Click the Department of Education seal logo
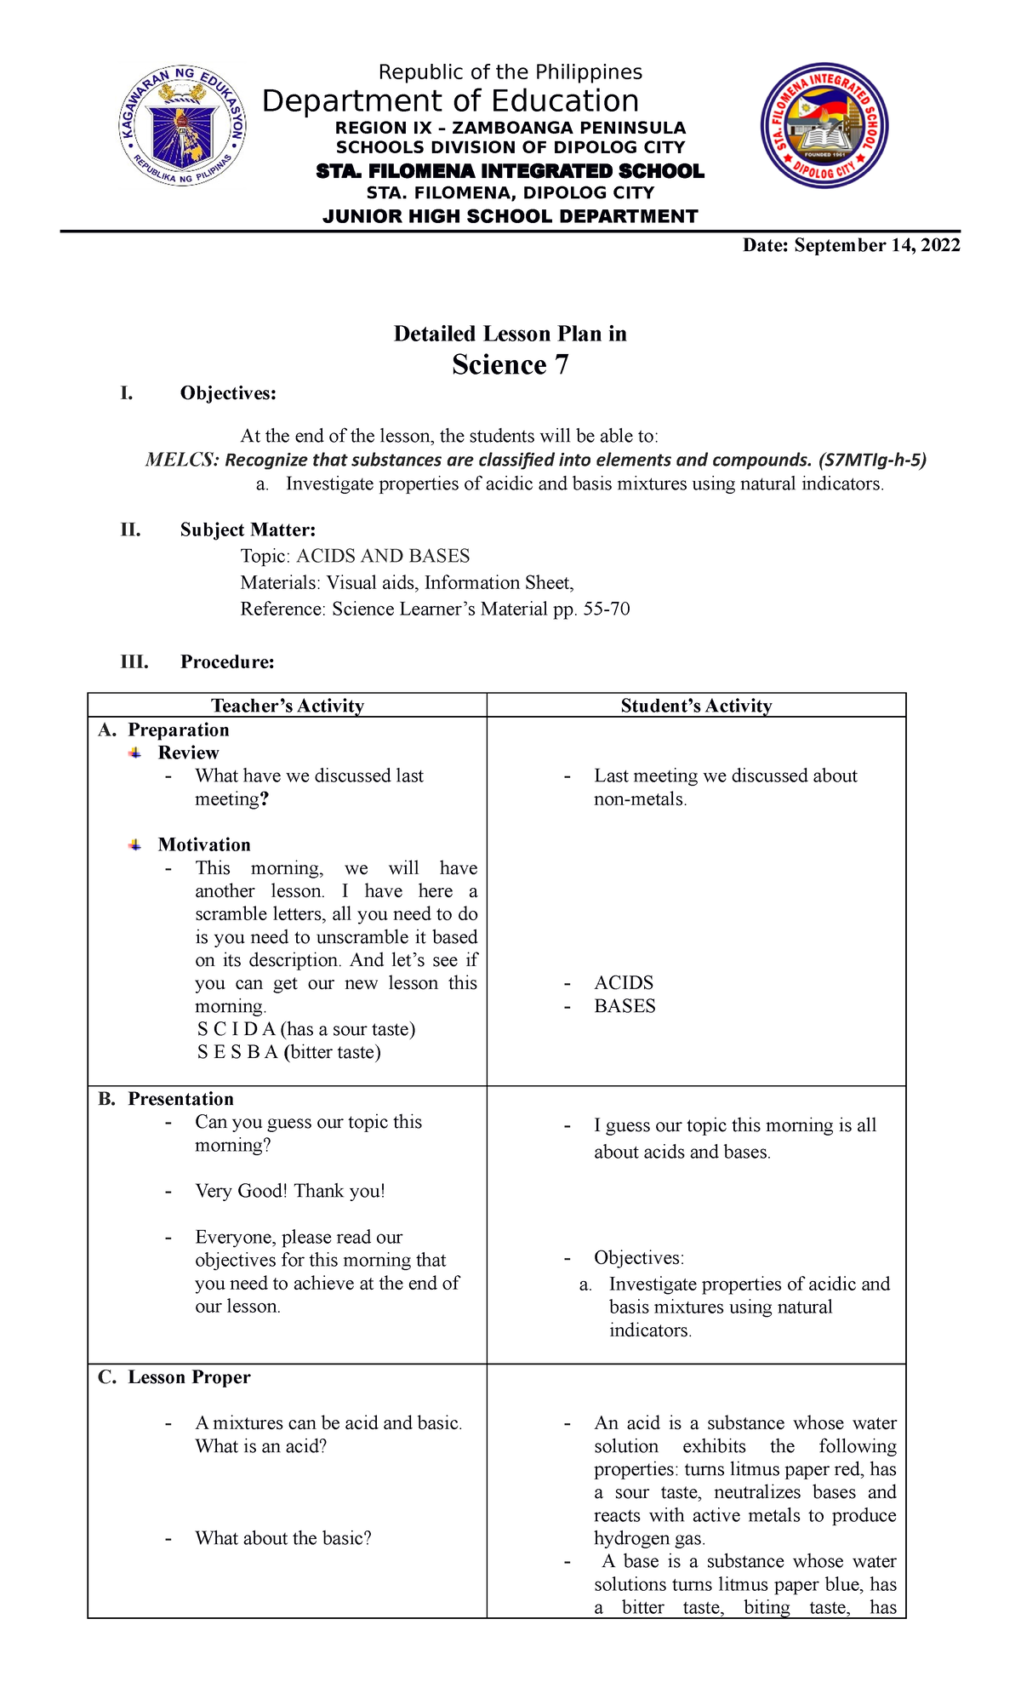click(182, 127)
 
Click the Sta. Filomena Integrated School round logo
click(824, 126)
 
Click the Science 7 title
click(510, 364)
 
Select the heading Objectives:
click(228, 393)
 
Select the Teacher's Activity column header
click(288, 706)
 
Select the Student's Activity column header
click(696, 706)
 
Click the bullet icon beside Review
click(135, 752)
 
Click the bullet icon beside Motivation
click(135, 844)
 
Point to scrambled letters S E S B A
click(237, 1052)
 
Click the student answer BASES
click(625, 1006)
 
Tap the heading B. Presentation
click(166, 1099)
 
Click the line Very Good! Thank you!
click(289, 1191)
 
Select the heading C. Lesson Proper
click(174, 1377)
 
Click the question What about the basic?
click(282, 1538)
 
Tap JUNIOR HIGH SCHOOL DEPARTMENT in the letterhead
click(510, 216)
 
